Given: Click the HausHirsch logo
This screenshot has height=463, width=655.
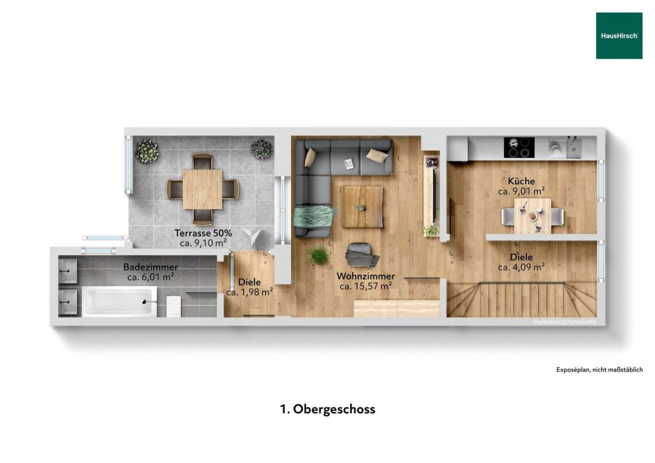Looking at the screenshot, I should tap(619, 36).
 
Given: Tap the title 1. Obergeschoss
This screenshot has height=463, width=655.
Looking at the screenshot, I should tap(327, 409).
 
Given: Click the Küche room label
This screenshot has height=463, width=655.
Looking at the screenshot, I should tap(521, 181).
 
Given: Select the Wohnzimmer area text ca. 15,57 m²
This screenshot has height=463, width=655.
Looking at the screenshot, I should tap(365, 286).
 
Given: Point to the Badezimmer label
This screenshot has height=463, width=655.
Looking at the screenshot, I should tap(150, 267).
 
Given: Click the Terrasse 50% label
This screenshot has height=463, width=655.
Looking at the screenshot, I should tap(203, 233).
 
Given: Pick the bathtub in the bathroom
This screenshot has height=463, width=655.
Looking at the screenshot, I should tap(120, 301).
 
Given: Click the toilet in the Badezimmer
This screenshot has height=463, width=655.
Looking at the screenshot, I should tap(173, 305).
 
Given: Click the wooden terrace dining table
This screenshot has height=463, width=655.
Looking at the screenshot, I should tap(202, 189).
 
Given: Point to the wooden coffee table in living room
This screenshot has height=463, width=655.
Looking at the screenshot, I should tap(362, 206).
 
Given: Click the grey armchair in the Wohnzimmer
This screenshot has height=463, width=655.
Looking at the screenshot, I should tap(361, 255).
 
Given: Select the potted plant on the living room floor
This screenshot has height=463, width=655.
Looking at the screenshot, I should tap(319, 255).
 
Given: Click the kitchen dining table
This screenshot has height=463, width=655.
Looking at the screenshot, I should tap(533, 216).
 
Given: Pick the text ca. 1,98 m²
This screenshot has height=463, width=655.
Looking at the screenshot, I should tap(249, 292).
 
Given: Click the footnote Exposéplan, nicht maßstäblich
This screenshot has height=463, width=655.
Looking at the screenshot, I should tap(599, 370).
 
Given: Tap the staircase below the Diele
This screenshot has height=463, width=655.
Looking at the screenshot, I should tap(521, 300).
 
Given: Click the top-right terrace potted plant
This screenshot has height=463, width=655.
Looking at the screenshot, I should tap(261, 149).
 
